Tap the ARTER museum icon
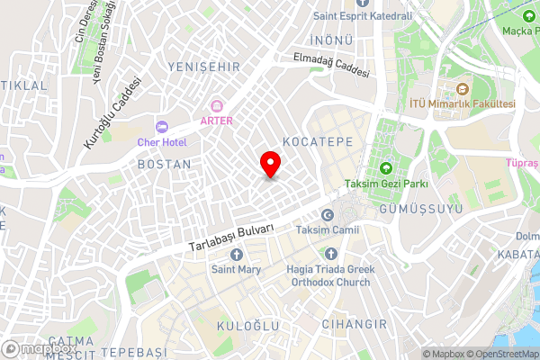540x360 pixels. pyautogui.click(x=216, y=106)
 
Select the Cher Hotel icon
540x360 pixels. pyautogui.click(x=162, y=127)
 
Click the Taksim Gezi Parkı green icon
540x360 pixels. pyautogui.click(x=387, y=168)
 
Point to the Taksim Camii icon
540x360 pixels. pyautogui.click(x=327, y=215)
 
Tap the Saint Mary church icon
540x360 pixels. pyautogui.click(x=236, y=254)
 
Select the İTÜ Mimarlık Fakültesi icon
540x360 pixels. pyautogui.click(x=462, y=89)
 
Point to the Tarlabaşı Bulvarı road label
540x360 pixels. pyautogui.click(x=231, y=238)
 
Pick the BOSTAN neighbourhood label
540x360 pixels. pyautogui.click(x=165, y=165)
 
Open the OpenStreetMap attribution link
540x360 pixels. pyautogui.click(x=502, y=353)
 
